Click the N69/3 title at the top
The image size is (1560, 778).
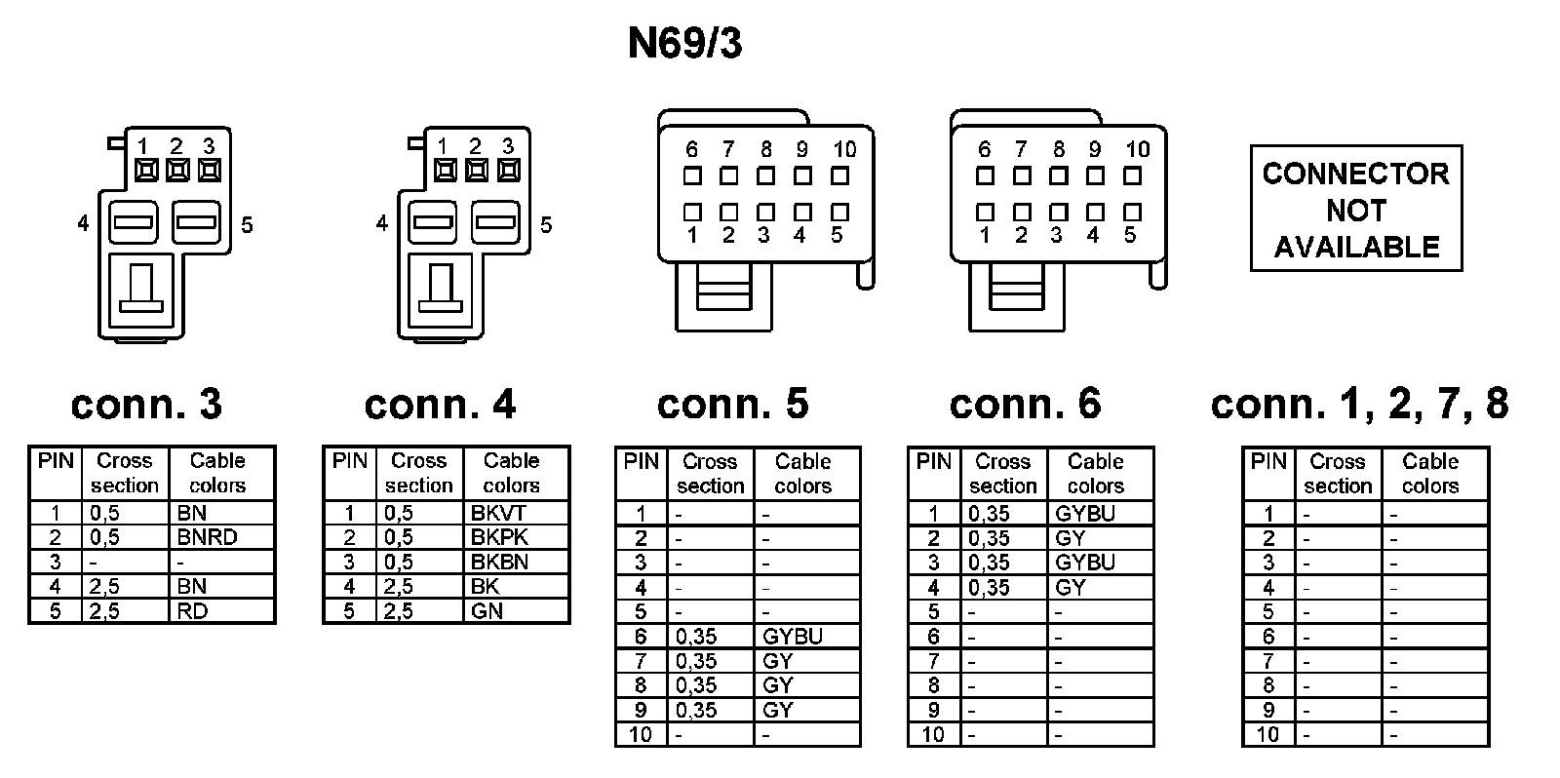coord(684,45)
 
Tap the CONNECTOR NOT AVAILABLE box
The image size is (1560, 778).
coord(1356,209)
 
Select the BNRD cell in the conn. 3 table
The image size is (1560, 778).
coord(208,537)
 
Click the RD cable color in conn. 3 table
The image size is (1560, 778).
coord(192,611)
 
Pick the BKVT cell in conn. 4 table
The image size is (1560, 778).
coord(497,513)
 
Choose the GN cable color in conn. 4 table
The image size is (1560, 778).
coord(487,611)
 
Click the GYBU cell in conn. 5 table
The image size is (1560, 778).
coord(793,637)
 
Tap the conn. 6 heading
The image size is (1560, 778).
coord(1025,404)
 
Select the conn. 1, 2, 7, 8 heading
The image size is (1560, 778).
coord(1359,404)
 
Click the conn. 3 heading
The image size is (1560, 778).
coord(146,404)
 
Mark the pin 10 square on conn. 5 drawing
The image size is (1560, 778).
coord(839,176)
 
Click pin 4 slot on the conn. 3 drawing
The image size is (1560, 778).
coord(134,223)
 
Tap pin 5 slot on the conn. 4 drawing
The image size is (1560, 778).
coord(495,223)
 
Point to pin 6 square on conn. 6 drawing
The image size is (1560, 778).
coord(985,176)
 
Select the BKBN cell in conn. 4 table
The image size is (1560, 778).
coord(499,562)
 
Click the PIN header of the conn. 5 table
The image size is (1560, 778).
coord(641,462)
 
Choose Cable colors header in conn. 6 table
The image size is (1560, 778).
coord(1095,474)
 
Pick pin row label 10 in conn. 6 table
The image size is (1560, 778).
coord(933,735)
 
